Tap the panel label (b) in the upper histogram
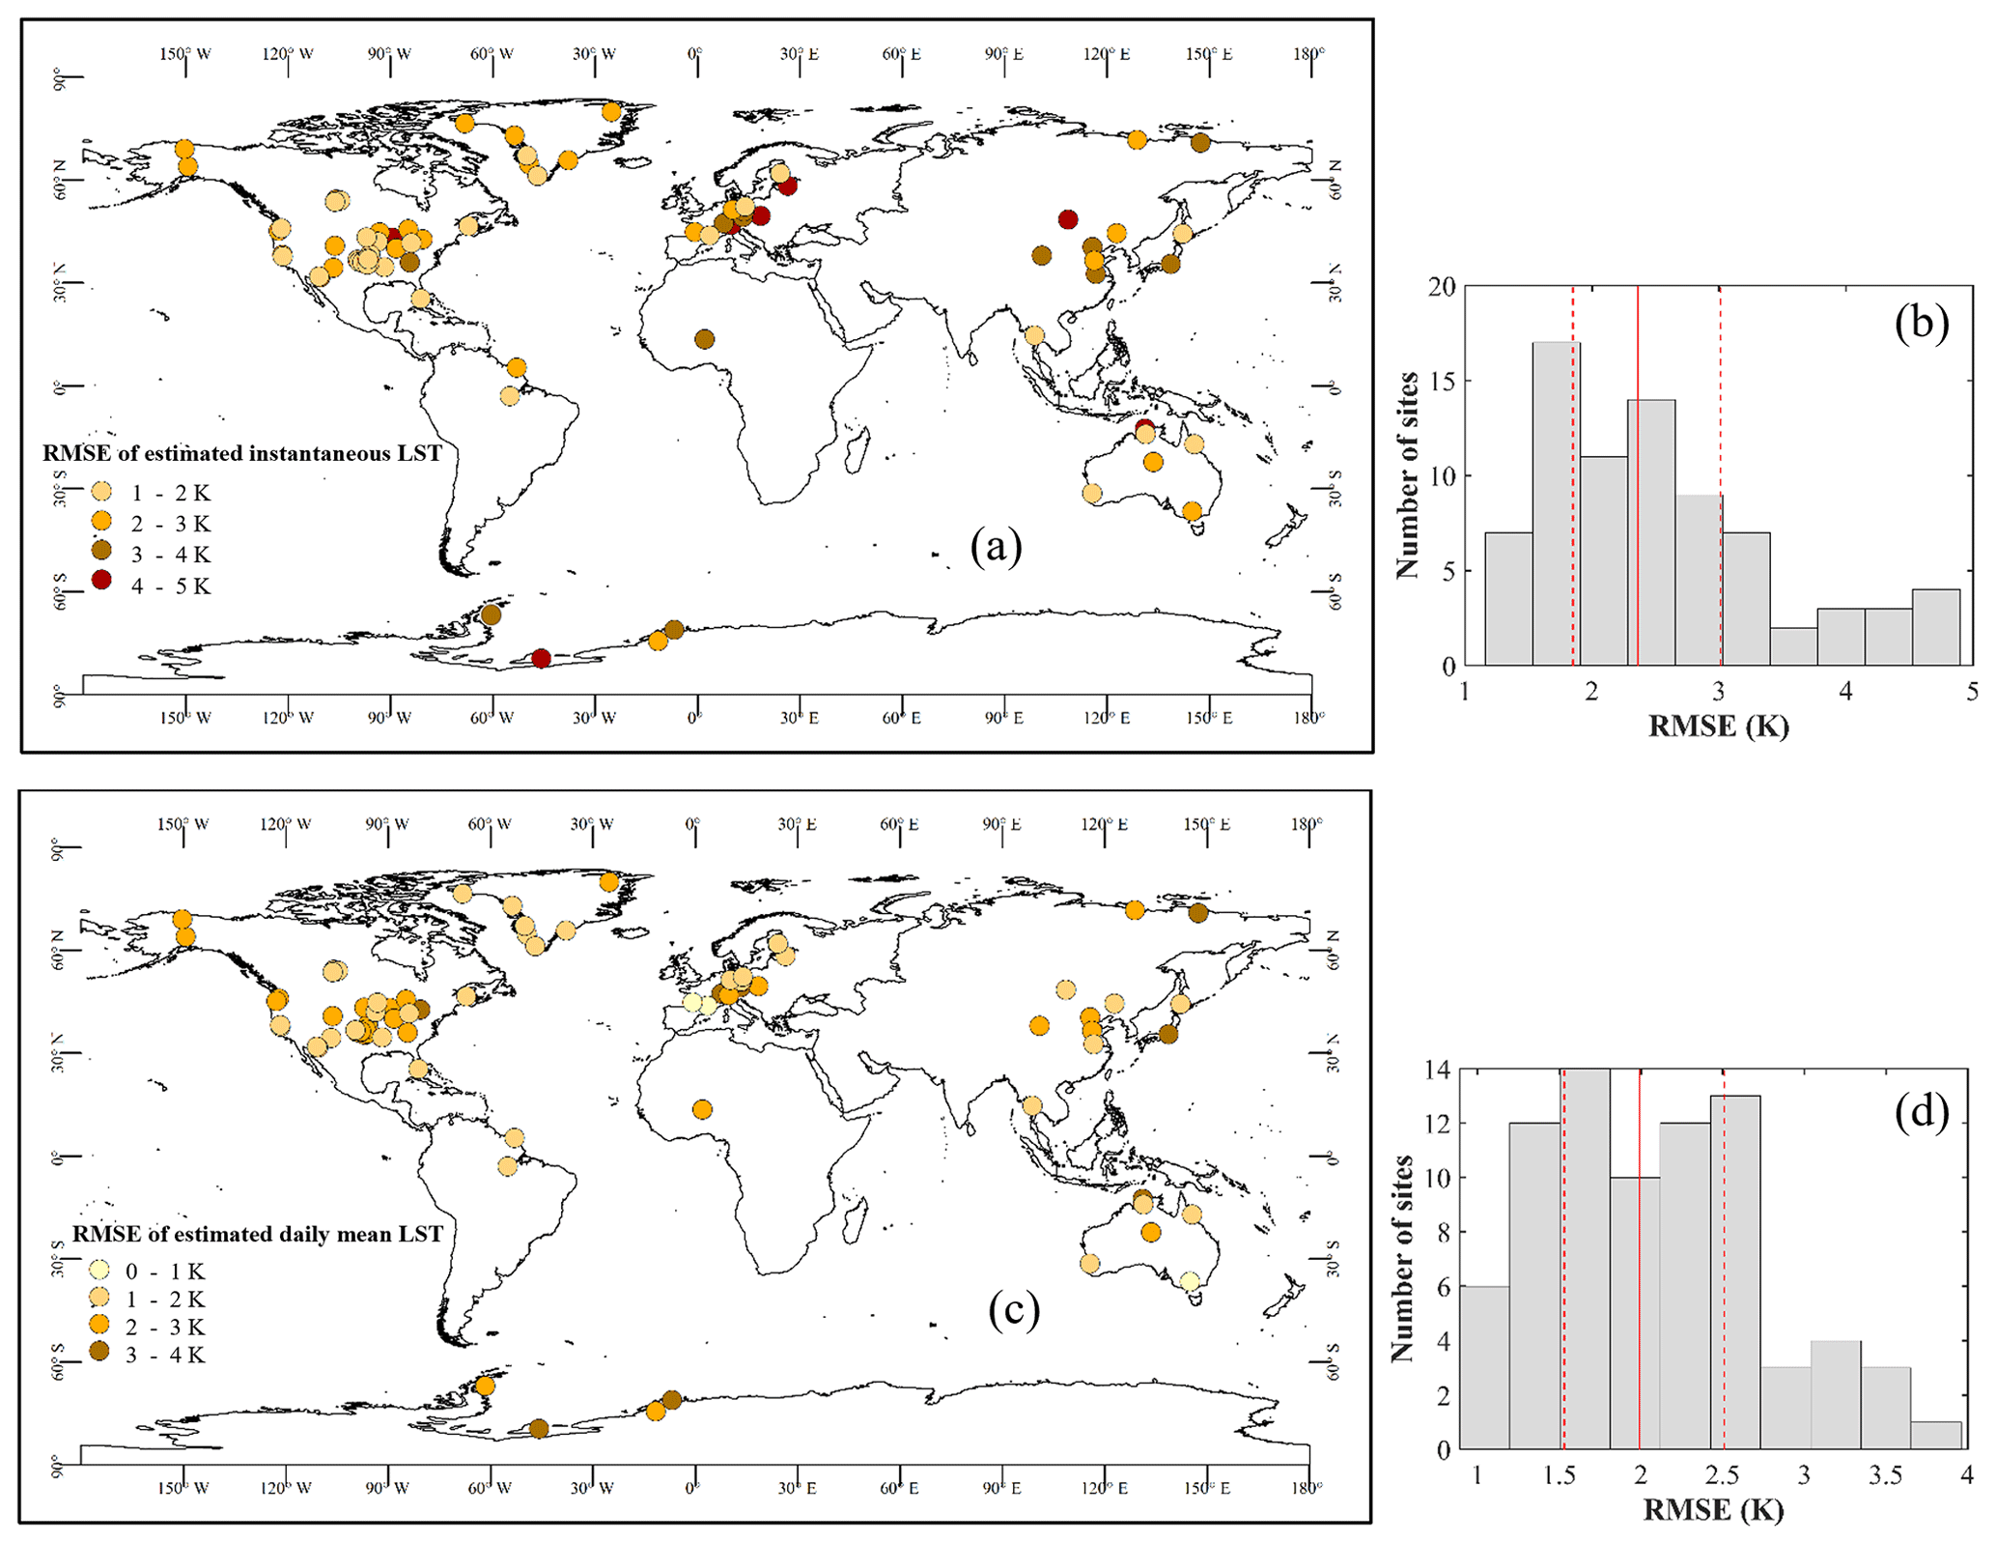click(1921, 323)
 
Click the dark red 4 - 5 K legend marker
click(101, 581)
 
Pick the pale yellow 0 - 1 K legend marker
click(98, 1270)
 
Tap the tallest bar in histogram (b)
click(1556, 502)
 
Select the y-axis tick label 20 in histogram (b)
click(1442, 287)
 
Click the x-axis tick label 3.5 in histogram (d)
click(1884, 1475)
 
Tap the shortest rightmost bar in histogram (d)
click(1935, 1434)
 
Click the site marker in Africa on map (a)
click(705, 339)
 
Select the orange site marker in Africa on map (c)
click(702, 1109)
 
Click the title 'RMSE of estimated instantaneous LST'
click(241, 453)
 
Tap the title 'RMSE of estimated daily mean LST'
click(257, 1234)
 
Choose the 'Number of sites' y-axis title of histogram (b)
click(1406, 474)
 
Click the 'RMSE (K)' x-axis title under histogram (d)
click(1712, 1509)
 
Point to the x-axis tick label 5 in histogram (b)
click(1971, 692)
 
